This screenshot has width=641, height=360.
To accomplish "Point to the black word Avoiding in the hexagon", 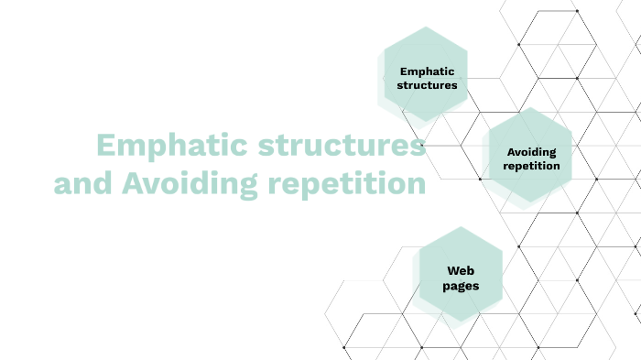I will [531, 152].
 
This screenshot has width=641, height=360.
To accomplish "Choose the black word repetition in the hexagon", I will [531, 167].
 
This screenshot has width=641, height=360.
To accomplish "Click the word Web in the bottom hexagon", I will [461, 270].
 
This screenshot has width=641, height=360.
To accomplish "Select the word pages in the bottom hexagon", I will [461, 286].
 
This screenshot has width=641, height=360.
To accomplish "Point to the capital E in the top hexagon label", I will [404, 71].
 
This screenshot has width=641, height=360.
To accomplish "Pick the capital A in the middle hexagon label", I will [510, 152].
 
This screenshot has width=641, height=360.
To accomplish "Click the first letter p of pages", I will [446, 287].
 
